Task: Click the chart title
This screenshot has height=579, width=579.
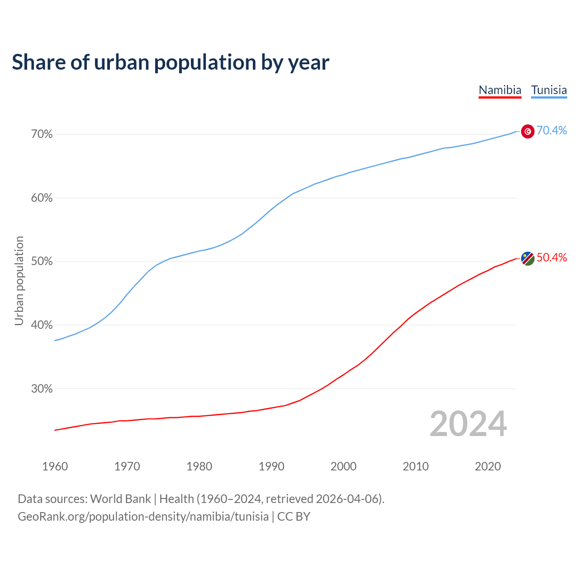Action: pos(171,62)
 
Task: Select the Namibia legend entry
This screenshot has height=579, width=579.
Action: pos(500,90)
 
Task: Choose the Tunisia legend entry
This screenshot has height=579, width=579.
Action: pos(549,90)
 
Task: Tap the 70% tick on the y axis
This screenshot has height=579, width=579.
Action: pos(42,134)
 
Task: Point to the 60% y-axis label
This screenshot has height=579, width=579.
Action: pos(42,198)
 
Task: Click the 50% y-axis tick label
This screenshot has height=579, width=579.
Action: pos(42,261)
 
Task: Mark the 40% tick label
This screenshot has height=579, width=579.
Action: pos(42,325)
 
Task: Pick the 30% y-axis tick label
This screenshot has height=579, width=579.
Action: pos(42,389)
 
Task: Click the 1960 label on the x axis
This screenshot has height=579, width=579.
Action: pos(55,466)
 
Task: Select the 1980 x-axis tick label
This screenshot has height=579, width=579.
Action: pos(199,466)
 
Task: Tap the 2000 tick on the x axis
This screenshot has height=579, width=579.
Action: pos(343,466)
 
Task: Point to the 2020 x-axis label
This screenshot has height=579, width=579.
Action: pos(488,466)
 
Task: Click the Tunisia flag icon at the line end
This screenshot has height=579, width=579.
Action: pos(528,131)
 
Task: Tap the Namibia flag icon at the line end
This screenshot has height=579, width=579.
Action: pos(528,259)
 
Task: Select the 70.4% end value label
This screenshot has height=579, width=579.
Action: pos(551,130)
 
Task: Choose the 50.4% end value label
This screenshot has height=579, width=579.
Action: pos(551,258)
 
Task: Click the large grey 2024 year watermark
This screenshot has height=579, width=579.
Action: pos(468,424)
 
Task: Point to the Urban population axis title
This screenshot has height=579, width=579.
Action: pos(19,280)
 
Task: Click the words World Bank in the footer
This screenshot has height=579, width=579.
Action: pos(120,499)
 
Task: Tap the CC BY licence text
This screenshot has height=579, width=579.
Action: pos(294,517)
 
